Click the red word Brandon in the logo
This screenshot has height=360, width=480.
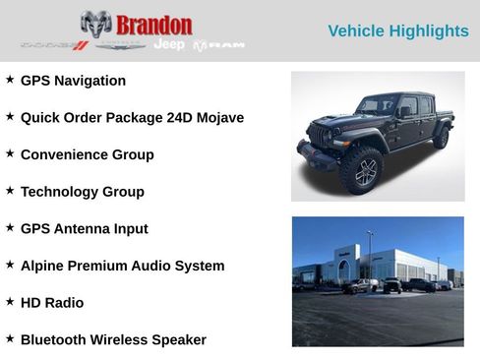click(153, 25)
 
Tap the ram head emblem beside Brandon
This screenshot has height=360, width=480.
click(95, 25)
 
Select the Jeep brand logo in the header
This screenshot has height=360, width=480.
click(169, 45)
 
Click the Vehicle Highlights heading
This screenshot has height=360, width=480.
click(397, 31)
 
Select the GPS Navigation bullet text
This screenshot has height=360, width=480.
click(73, 81)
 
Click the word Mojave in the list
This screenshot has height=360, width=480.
click(217, 118)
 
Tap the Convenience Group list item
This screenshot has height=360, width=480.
click(87, 154)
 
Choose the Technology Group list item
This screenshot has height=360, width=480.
click(82, 192)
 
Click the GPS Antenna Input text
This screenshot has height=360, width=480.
click(84, 228)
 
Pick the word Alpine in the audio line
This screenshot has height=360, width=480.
click(43, 266)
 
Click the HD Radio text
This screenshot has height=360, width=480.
click(51, 303)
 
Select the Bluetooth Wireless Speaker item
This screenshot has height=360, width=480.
click(113, 339)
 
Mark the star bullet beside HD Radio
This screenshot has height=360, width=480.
click(10, 301)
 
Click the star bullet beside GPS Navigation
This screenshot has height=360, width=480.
click(10, 79)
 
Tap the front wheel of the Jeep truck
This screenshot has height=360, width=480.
click(361, 171)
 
